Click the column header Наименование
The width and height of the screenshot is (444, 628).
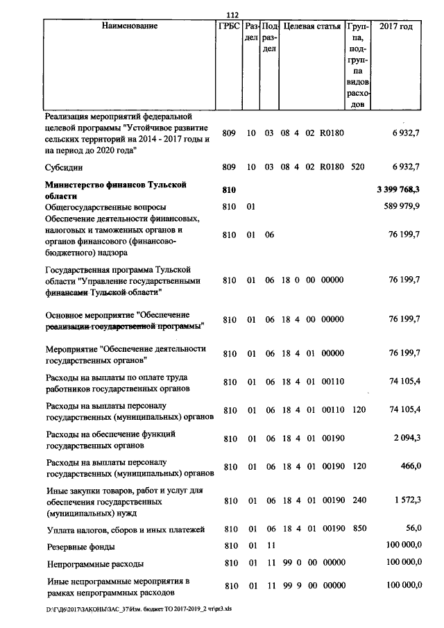coord(130,26)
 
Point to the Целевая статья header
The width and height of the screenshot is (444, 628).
coord(311,26)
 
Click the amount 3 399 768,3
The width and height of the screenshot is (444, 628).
coord(398,189)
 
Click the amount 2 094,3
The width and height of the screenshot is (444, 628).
coord(407,439)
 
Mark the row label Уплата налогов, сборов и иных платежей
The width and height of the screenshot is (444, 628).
coord(125,531)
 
